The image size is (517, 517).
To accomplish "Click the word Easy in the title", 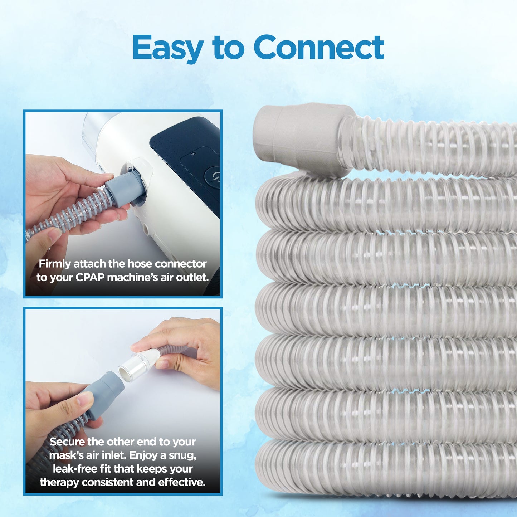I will pyautogui.click(x=168, y=48).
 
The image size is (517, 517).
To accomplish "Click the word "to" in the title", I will pyautogui.click(x=228, y=48).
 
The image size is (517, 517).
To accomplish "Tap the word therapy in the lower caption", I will pyautogui.click(x=59, y=482).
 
